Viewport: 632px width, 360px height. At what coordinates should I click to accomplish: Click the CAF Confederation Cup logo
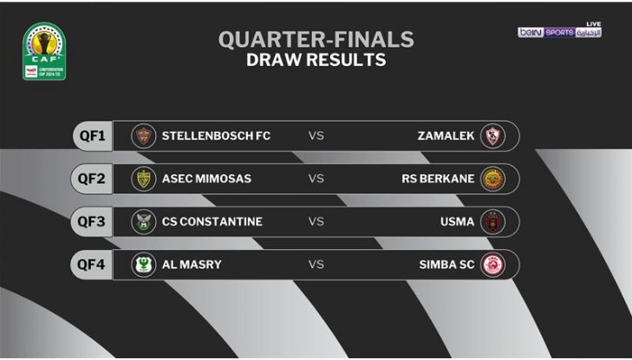tap(43, 51)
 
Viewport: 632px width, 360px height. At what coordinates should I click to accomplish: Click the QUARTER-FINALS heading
tap(316, 40)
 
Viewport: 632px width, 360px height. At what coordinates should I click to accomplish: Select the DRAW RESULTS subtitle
tap(316, 60)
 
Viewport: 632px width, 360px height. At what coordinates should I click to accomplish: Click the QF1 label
tap(91, 135)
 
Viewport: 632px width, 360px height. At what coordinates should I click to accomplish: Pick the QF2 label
tap(91, 179)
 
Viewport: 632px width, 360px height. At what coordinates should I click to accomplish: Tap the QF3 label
tap(91, 221)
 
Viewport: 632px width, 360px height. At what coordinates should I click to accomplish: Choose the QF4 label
tap(91, 265)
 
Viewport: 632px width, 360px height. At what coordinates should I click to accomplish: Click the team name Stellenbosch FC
tap(216, 136)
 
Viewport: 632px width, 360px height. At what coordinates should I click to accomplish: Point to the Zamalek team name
tap(446, 136)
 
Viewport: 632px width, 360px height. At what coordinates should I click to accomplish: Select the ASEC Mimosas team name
tap(206, 179)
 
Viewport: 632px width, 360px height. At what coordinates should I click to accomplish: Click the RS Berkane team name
tap(438, 179)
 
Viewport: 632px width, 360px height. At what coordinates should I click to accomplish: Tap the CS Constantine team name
tap(212, 222)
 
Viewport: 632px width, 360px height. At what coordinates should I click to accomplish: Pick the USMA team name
tap(457, 222)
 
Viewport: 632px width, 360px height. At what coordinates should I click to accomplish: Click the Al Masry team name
tap(192, 265)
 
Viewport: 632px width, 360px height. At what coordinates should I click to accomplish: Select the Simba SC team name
tap(446, 265)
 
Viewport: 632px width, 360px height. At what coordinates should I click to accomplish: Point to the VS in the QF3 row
tap(316, 222)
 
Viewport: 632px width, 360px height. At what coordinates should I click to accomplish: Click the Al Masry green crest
tap(143, 265)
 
